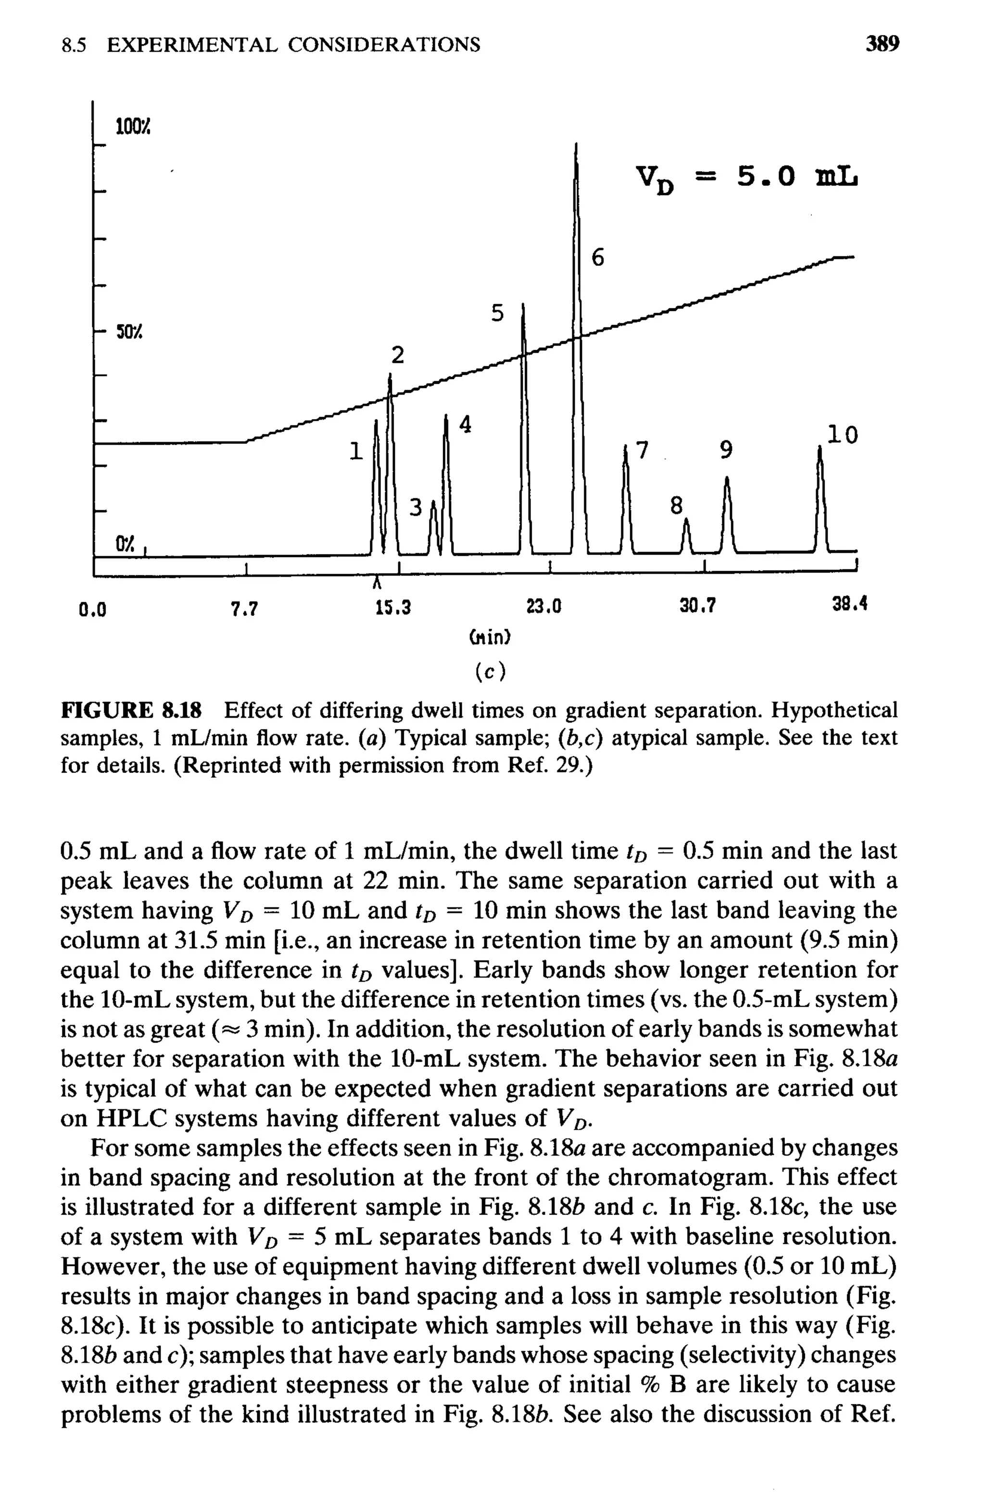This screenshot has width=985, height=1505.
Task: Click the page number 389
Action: (x=883, y=44)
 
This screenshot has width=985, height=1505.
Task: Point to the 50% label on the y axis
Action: (x=128, y=331)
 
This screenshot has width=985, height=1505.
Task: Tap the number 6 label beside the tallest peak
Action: (x=598, y=258)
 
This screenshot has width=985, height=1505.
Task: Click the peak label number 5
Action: (x=498, y=313)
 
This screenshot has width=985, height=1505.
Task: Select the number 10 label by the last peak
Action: (x=843, y=435)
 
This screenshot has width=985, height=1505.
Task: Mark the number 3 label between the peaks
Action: (x=415, y=507)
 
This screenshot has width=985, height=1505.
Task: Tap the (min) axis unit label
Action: (x=490, y=637)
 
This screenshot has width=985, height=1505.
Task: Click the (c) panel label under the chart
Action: (x=490, y=672)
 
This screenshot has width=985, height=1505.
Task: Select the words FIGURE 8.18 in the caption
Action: (x=131, y=711)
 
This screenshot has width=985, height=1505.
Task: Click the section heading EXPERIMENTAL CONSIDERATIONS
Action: (x=293, y=45)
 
